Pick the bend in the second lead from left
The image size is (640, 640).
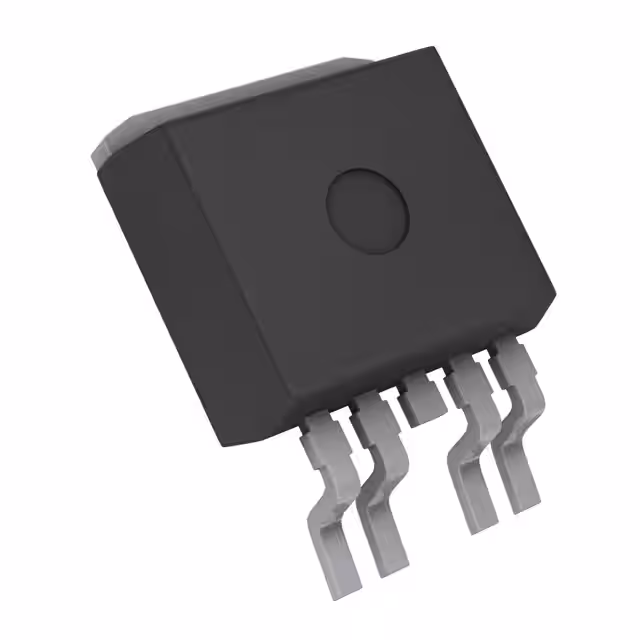point(380,470)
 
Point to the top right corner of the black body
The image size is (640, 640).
point(438,50)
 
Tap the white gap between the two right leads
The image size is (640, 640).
point(498,470)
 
